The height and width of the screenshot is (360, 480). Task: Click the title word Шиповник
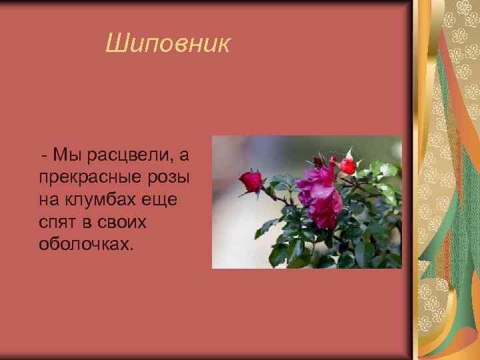coord(168,45)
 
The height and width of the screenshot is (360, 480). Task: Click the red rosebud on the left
coord(251,181)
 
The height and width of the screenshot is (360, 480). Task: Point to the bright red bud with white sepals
coord(347,165)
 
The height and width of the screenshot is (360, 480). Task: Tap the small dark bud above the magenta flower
coord(319,161)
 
